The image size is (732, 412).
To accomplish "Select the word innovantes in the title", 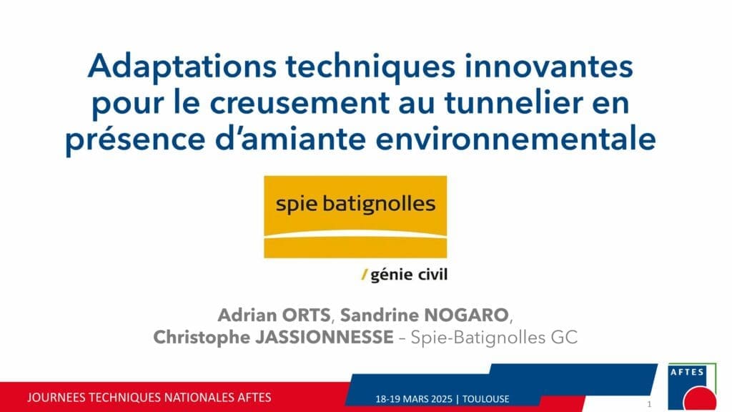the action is (x=549, y=66).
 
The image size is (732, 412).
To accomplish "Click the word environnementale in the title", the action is (x=516, y=139).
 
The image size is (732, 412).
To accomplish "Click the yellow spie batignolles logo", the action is (x=355, y=217).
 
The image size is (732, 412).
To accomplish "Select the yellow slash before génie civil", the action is (x=365, y=275).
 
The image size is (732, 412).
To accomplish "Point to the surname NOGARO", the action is (x=467, y=315).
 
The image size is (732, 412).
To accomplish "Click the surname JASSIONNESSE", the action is (x=325, y=338).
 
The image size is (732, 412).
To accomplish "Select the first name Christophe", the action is (x=202, y=338).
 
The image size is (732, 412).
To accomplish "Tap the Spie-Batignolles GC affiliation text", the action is (x=494, y=338).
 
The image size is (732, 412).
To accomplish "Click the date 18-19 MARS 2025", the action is (x=414, y=399).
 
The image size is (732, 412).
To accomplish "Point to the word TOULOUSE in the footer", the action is (x=485, y=399).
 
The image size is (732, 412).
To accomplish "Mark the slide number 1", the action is (x=649, y=404).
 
